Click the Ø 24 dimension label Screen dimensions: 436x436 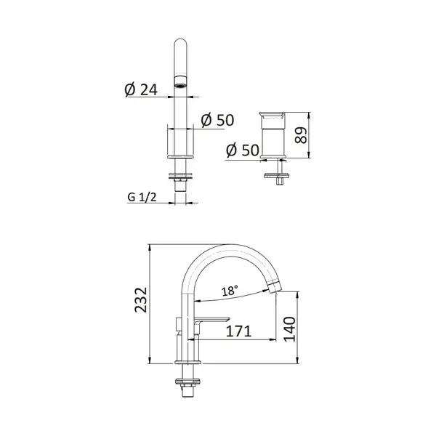(141, 89)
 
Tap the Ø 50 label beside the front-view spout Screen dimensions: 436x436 (217, 120)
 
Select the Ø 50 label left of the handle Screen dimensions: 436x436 (243, 150)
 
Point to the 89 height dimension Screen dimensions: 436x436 (301, 135)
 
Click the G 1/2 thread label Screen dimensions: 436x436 (142, 197)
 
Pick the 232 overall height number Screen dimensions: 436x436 (141, 300)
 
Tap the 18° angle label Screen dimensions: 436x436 (230, 291)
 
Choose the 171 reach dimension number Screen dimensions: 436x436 (238, 331)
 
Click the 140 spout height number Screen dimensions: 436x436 (289, 329)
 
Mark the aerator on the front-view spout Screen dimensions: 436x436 (180, 81)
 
